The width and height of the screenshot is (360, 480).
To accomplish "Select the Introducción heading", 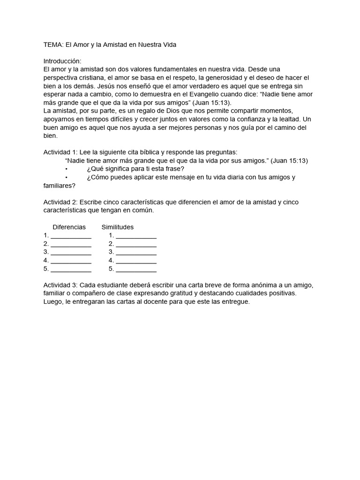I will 62,61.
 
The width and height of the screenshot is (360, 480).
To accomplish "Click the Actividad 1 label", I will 60,152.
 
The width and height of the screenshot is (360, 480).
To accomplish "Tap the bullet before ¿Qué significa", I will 67,169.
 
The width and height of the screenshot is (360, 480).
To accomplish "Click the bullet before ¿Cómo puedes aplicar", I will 67,178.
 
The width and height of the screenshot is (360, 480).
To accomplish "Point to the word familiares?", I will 60,186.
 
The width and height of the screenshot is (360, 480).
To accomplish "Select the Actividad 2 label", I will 60,202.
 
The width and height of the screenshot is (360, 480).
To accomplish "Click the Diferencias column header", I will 69,227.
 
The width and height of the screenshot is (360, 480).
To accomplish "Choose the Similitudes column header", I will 118,227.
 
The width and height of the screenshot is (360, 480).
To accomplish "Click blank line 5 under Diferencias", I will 71,270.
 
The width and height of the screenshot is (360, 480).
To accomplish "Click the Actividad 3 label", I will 60,285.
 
